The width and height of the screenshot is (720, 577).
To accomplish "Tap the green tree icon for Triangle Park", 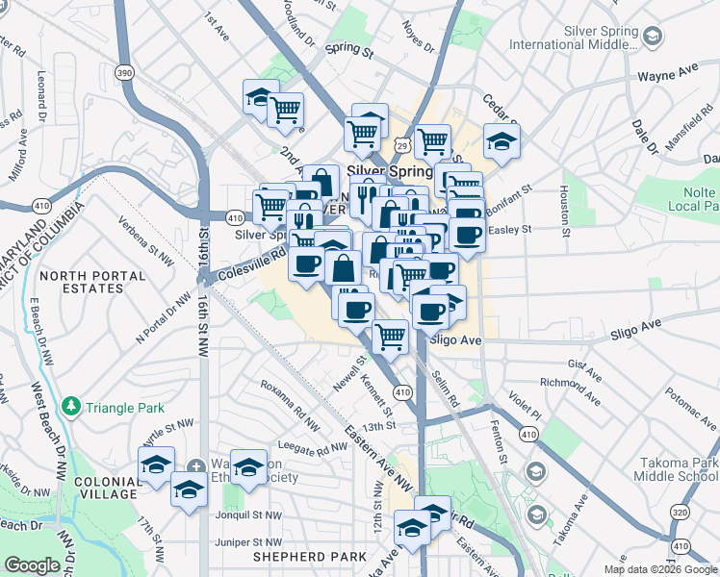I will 70,407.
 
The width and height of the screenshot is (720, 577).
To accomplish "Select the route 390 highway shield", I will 124,73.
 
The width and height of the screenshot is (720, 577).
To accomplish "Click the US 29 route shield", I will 402,145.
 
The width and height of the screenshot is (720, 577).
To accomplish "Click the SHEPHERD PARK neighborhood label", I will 310,557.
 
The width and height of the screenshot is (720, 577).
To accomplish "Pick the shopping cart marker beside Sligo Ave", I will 389,336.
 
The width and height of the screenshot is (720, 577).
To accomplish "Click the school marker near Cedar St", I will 501,140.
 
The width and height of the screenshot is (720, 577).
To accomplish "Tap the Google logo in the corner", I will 32,565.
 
